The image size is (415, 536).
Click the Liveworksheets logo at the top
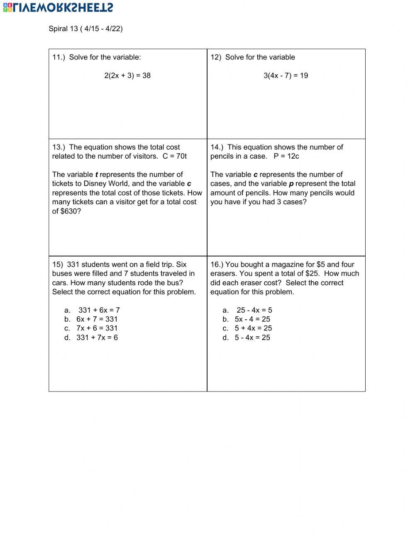58,7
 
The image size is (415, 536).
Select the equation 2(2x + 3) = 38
127,76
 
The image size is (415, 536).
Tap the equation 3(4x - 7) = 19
286,76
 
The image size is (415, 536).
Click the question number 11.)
59,57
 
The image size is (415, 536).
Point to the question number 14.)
217,147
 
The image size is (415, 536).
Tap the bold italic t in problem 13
97,175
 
